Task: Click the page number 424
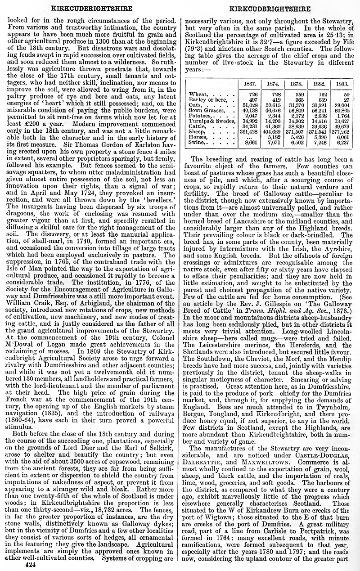pos(30,564)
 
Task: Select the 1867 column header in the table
pos(250,84)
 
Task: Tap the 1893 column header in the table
pos(343,84)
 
